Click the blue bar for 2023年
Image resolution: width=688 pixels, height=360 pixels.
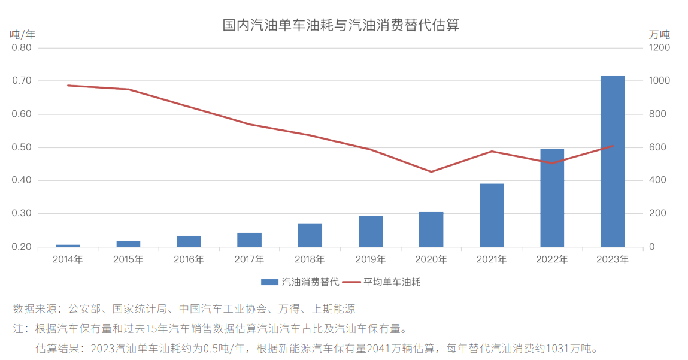pos(612,161)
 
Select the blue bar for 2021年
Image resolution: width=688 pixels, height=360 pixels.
pos(492,215)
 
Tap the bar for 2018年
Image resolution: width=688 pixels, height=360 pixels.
pos(310,235)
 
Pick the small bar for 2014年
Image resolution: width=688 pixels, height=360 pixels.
pos(68,246)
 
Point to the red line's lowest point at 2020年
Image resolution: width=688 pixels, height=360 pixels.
pos(431,172)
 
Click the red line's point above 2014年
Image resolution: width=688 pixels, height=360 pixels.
pos(68,86)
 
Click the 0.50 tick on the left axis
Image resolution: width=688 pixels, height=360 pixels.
pos(22,147)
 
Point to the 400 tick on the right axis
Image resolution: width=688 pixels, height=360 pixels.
pos(657,180)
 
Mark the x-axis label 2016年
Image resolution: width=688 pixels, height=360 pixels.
pos(189,260)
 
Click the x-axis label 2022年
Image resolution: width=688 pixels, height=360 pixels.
pos(552,260)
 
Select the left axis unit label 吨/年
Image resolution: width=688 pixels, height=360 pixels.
pos(23,34)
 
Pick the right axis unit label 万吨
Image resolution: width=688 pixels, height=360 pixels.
pos(659,34)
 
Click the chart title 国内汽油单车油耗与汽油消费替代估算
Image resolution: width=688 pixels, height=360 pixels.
pos(341,26)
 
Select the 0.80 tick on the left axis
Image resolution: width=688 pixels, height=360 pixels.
pos(22,47)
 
